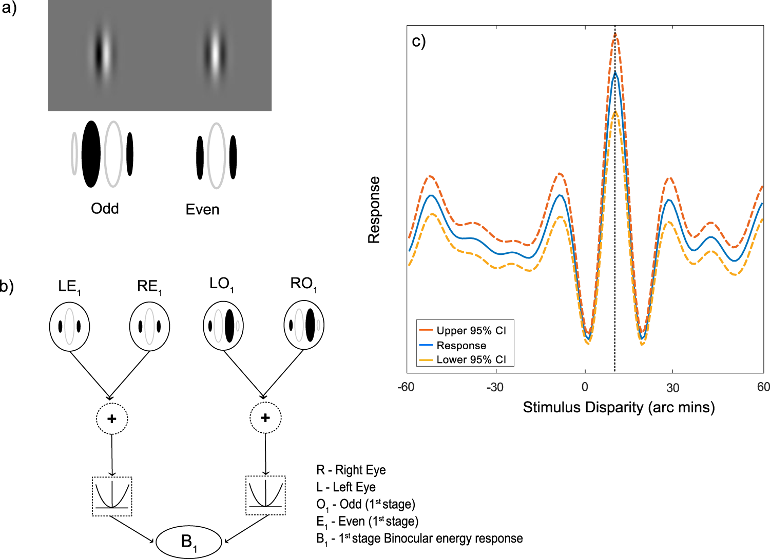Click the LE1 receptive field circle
69,327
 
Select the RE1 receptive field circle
149,327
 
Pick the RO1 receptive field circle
304,325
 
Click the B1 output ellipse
189,542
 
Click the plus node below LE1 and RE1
112,418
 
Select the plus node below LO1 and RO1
265,418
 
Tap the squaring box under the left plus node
112,496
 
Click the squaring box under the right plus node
265,495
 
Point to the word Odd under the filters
105,208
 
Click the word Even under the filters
202,209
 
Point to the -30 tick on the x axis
495,387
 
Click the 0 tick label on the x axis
585,387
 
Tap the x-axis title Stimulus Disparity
619,407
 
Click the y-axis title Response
374,210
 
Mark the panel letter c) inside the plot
419,41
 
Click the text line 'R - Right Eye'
351,470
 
